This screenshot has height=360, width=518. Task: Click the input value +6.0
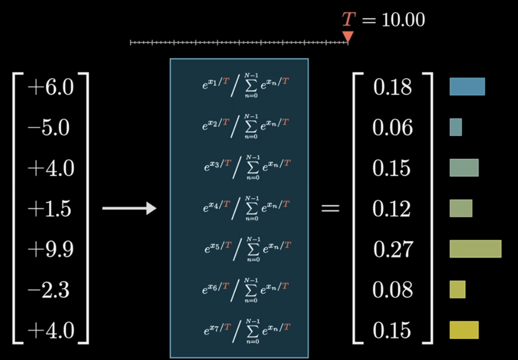[50, 87]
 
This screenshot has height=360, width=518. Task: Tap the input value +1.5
[50, 209]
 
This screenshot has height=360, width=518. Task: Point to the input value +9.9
[50, 249]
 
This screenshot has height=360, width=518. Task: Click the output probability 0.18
[392, 87]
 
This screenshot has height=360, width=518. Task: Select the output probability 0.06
[392, 127]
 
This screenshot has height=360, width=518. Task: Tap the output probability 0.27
[392, 249]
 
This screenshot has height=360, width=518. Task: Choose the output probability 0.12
[392, 209]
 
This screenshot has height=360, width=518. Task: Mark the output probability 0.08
[392, 290]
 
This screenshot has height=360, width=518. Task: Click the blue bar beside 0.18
[467, 87]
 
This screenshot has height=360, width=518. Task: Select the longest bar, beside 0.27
[475, 249]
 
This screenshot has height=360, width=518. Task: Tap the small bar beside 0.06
[456, 127]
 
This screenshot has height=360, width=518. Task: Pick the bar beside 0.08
[457, 290]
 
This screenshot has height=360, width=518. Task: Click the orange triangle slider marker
[348, 36]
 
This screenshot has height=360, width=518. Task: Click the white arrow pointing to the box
[129, 208]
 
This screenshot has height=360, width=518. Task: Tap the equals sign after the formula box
[330, 209]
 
